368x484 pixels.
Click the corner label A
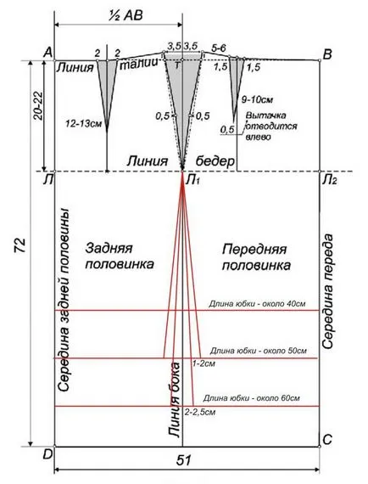point(48,53)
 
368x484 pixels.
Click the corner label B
point(327,54)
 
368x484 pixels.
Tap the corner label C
point(327,439)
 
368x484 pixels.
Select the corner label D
point(47,454)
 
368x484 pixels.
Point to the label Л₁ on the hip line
point(192,180)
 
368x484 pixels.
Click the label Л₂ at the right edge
point(329,180)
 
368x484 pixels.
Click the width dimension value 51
point(184,460)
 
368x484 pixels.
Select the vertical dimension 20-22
point(37,105)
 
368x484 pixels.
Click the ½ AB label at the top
point(125,14)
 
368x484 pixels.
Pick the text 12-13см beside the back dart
point(83,124)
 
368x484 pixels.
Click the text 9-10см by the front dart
point(257,99)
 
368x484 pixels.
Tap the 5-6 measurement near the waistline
point(219,48)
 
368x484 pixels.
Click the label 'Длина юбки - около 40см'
point(257,304)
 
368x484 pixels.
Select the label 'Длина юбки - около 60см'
point(251,398)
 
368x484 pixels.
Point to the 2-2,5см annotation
point(200,412)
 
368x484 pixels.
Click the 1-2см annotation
point(204,363)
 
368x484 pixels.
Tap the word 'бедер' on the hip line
point(215,161)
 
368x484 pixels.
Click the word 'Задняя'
point(109,249)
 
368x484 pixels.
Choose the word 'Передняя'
point(254,250)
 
